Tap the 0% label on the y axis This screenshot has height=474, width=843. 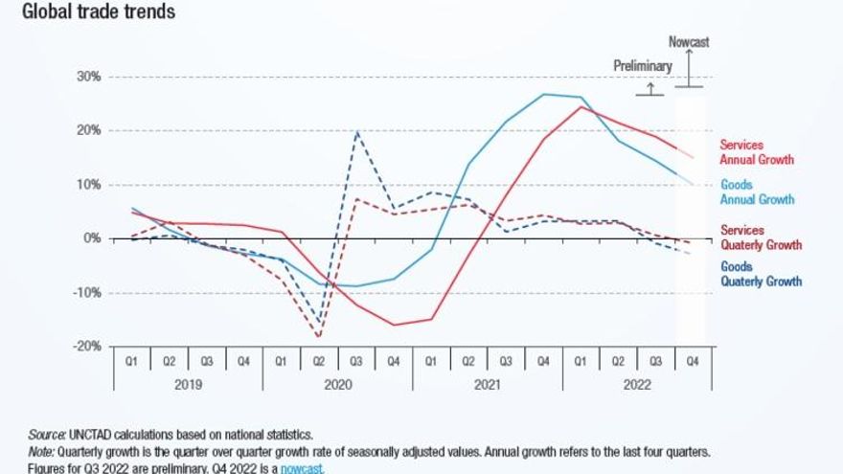pos(91,239)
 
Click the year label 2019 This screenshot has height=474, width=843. pos(188,384)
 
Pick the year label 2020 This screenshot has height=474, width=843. pos(337,384)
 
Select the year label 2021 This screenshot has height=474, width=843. pos(487,384)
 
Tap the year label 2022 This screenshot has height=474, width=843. pos(636,384)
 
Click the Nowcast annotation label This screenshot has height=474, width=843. pos(688,42)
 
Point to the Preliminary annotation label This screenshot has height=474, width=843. pos(643,66)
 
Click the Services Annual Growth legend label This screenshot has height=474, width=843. pos(757,152)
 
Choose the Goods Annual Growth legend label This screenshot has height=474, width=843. pos(757,192)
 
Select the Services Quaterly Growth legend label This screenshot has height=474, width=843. pos(761,237)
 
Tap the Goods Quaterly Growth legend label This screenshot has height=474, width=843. pos(761,274)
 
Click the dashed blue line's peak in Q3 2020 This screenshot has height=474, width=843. pos(356,132)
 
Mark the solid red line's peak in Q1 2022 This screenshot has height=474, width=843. pos(581,106)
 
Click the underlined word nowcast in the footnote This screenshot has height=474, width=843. pos(303,468)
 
